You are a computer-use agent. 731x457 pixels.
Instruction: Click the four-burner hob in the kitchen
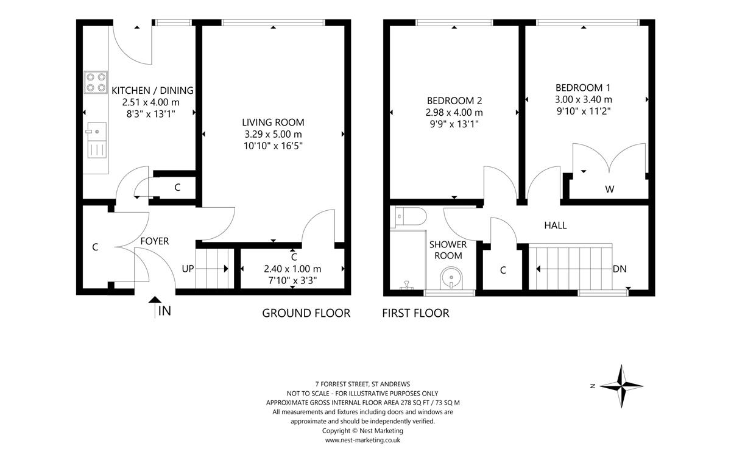(96, 82)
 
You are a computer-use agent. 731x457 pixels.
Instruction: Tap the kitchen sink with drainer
(97, 140)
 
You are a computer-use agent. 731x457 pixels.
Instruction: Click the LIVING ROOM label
(273, 122)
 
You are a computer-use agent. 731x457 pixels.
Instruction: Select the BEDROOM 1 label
(583, 88)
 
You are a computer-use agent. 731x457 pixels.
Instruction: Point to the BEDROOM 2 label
(454, 101)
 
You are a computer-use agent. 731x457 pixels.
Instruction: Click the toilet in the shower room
(408, 216)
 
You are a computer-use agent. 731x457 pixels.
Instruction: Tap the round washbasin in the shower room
(451, 278)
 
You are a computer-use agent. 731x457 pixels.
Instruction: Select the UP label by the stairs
(188, 269)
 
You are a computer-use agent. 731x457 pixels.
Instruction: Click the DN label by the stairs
(620, 269)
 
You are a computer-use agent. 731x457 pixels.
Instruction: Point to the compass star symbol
(621, 386)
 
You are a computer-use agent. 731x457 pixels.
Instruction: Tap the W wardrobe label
(609, 189)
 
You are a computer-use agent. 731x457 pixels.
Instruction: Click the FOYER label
(155, 241)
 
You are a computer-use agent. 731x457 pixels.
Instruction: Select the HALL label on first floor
(555, 225)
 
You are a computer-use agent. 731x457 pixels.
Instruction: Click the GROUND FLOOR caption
(306, 313)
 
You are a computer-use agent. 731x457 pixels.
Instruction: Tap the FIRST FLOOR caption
(415, 313)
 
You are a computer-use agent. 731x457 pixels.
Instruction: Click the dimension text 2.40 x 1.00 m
(292, 269)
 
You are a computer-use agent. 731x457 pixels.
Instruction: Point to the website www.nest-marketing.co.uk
(362, 440)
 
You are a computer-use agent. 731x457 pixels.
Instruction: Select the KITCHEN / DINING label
(152, 90)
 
